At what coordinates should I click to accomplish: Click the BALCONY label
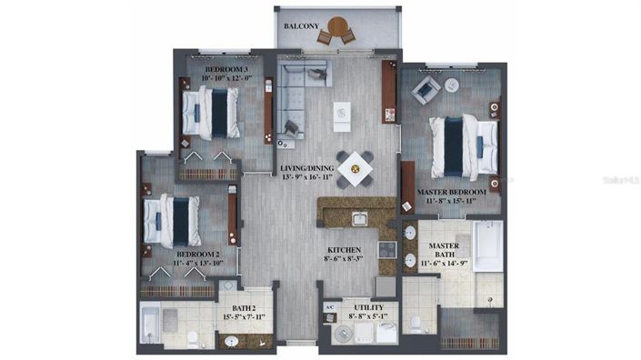pos(301,26)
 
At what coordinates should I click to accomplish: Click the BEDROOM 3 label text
pos(225,69)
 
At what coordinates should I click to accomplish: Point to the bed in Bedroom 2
pos(172,219)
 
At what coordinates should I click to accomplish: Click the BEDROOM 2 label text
pos(199,254)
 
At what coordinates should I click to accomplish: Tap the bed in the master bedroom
pos(465,143)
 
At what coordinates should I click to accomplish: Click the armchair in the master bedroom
pos(426,90)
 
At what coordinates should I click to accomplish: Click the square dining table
pos(354,167)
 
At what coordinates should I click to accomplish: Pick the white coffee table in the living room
pos(342,114)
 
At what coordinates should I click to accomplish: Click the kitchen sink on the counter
pos(360,218)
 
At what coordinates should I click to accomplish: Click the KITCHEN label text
pos(345,249)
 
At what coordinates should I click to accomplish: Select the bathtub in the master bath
pos(487,245)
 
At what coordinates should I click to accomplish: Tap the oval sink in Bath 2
pos(232,342)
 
